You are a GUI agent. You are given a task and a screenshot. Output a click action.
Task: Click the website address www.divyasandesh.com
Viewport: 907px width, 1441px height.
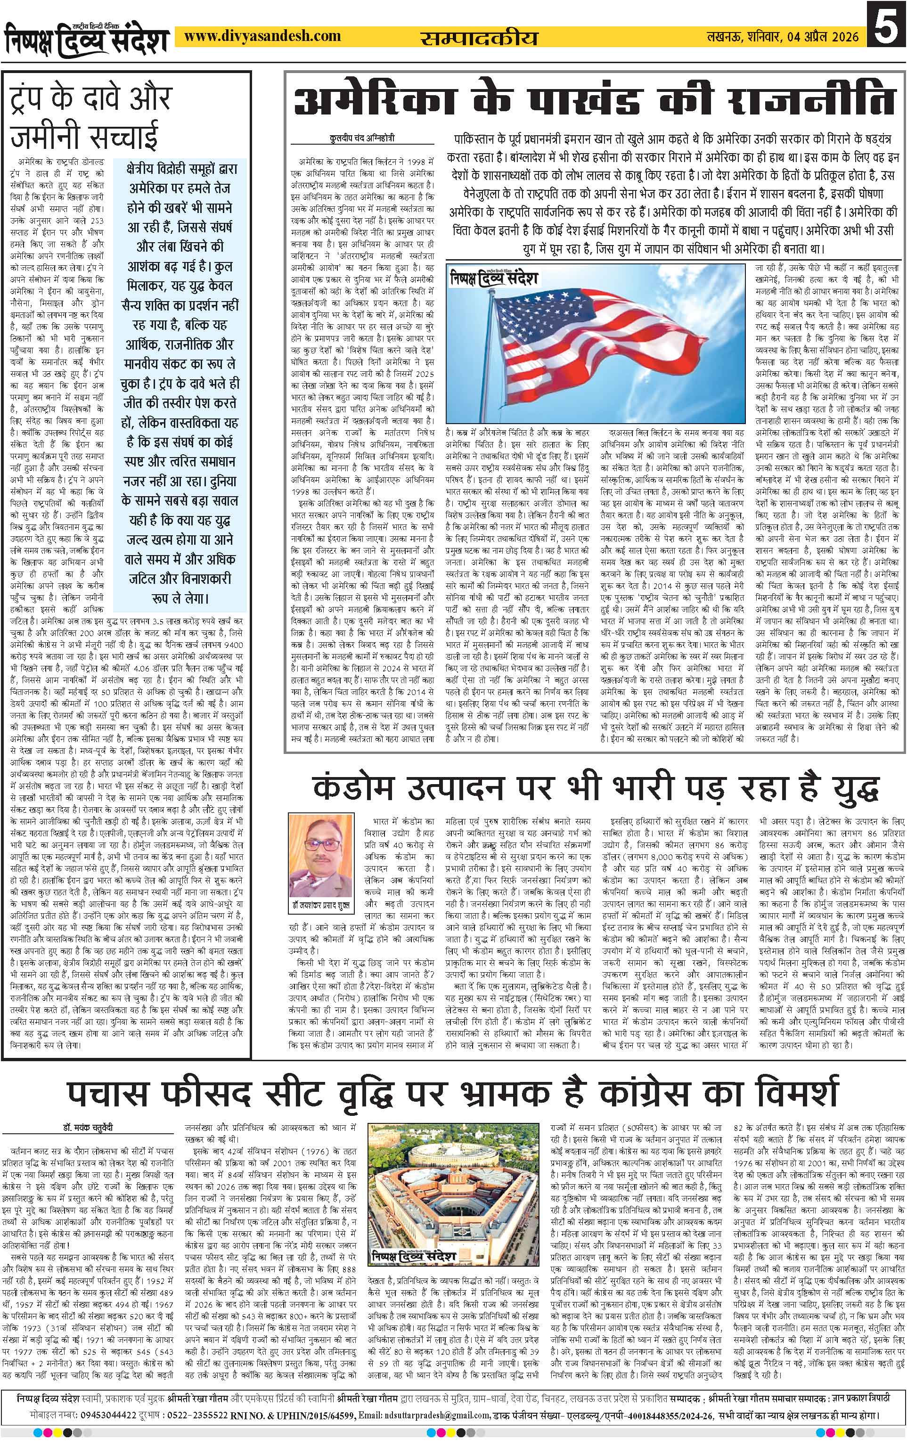(262, 37)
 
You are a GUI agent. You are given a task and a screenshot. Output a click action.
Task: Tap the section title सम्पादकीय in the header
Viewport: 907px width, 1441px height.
(479, 38)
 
